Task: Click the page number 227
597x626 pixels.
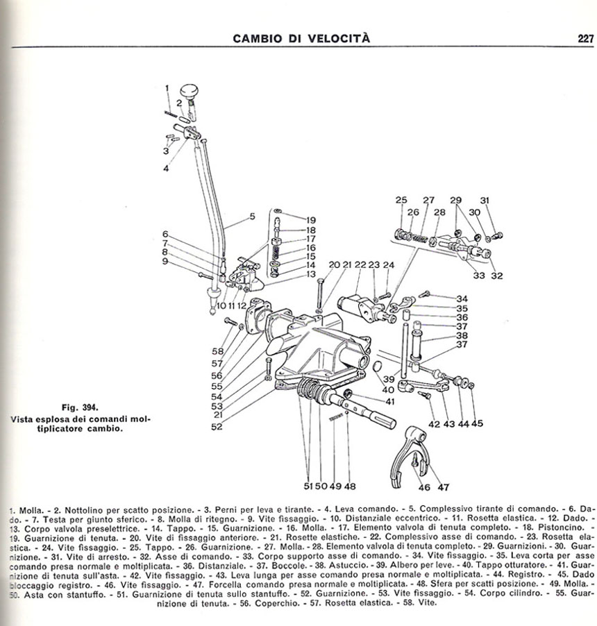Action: pyautogui.click(x=585, y=39)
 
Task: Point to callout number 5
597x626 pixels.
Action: pyautogui.click(x=253, y=216)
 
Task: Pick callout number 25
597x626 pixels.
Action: pyautogui.click(x=401, y=201)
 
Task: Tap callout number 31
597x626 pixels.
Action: pyautogui.click(x=485, y=201)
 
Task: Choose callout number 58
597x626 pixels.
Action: pyautogui.click(x=218, y=352)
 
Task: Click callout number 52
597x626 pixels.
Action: pyautogui.click(x=218, y=426)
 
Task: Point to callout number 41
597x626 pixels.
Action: pyautogui.click(x=389, y=400)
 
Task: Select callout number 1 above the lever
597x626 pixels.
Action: pyautogui.click(x=167, y=87)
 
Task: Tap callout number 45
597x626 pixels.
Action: pyautogui.click(x=477, y=424)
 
